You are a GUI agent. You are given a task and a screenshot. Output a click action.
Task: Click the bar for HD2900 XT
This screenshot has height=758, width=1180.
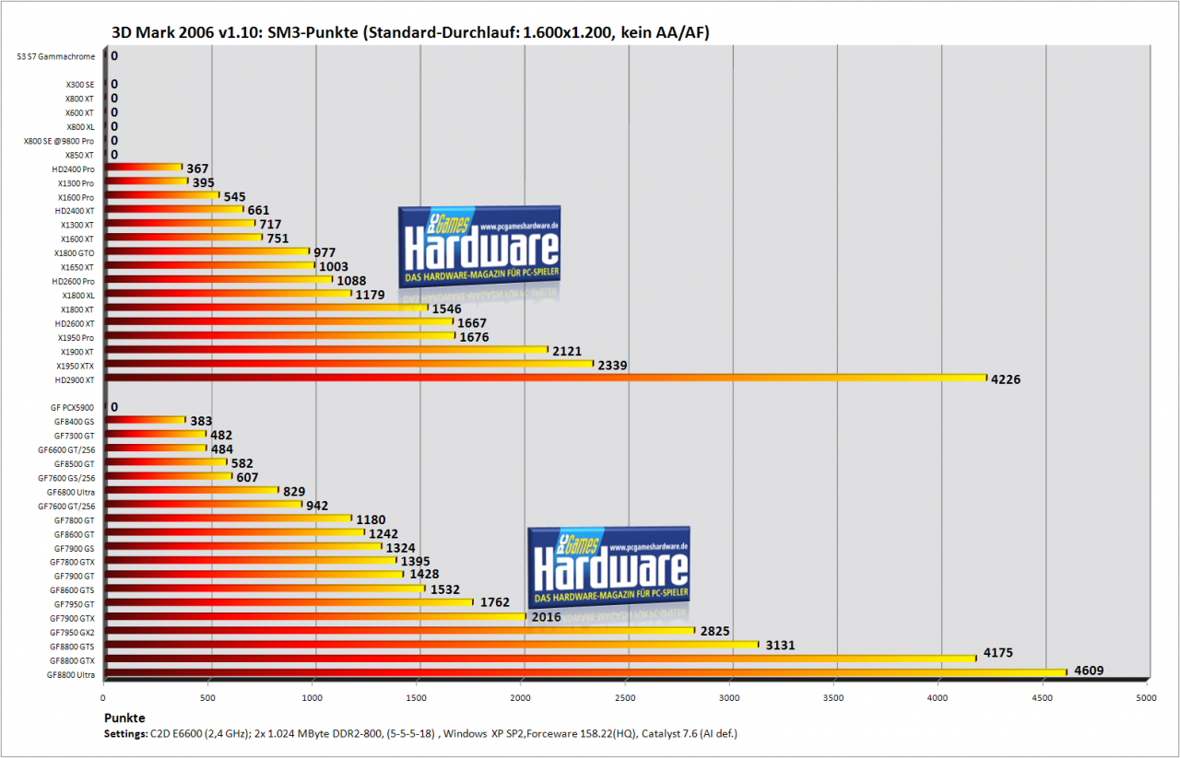tap(545, 378)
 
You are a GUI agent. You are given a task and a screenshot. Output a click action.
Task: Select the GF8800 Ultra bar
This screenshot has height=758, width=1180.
tap(585, 672)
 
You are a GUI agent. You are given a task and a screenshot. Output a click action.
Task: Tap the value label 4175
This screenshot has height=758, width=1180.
tap(997, 653)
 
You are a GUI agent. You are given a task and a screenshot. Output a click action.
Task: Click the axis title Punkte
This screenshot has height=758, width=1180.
tap(124, 718)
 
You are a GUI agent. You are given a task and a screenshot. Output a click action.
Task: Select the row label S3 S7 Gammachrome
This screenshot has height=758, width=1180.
tap(56, 56)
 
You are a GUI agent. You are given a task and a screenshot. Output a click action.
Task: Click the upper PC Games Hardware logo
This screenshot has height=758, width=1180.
tap(479, 247)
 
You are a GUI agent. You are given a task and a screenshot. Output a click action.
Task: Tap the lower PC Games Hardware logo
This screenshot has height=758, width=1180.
tap(609, 567)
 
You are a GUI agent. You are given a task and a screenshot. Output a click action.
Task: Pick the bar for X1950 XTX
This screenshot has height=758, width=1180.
tap(348, 364)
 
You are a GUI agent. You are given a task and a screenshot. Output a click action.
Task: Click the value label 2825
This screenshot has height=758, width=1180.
tap(714, 631)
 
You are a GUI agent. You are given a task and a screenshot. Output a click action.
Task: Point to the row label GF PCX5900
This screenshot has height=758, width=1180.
tap(72, 407)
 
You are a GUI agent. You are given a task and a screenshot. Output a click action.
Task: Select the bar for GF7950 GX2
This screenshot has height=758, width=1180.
tap(400, 631)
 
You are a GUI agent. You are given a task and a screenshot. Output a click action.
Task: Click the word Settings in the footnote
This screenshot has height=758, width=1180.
tap(125, 734)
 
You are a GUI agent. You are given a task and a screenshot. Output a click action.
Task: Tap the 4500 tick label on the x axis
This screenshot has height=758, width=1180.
tap(1042, 698)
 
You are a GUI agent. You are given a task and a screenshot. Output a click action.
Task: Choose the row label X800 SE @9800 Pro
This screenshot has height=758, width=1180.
tap(58, 141)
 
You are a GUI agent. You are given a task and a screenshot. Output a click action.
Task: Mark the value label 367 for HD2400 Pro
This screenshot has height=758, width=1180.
tap(197, 169)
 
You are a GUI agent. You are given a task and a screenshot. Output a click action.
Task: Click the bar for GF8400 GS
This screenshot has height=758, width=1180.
tap(145, 420)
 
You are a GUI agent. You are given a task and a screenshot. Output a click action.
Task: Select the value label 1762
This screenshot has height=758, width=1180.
tap(495, 602)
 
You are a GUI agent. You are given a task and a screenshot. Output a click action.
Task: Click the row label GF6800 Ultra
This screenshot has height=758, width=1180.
tap(71, 492)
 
